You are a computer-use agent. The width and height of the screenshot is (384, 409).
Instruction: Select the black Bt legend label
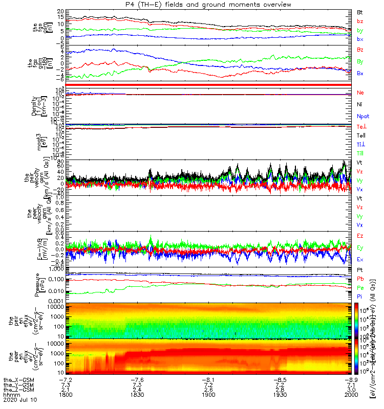(x=359, y=11)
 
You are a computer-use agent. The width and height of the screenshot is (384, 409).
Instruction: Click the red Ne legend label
(x=360, y=93)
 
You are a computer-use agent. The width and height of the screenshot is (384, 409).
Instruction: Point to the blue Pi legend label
(x=359, y=296)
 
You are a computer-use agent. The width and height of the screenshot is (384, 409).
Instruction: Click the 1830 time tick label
(x=137, y=396)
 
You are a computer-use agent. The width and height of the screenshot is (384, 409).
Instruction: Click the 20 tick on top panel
(x=60, y=11)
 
